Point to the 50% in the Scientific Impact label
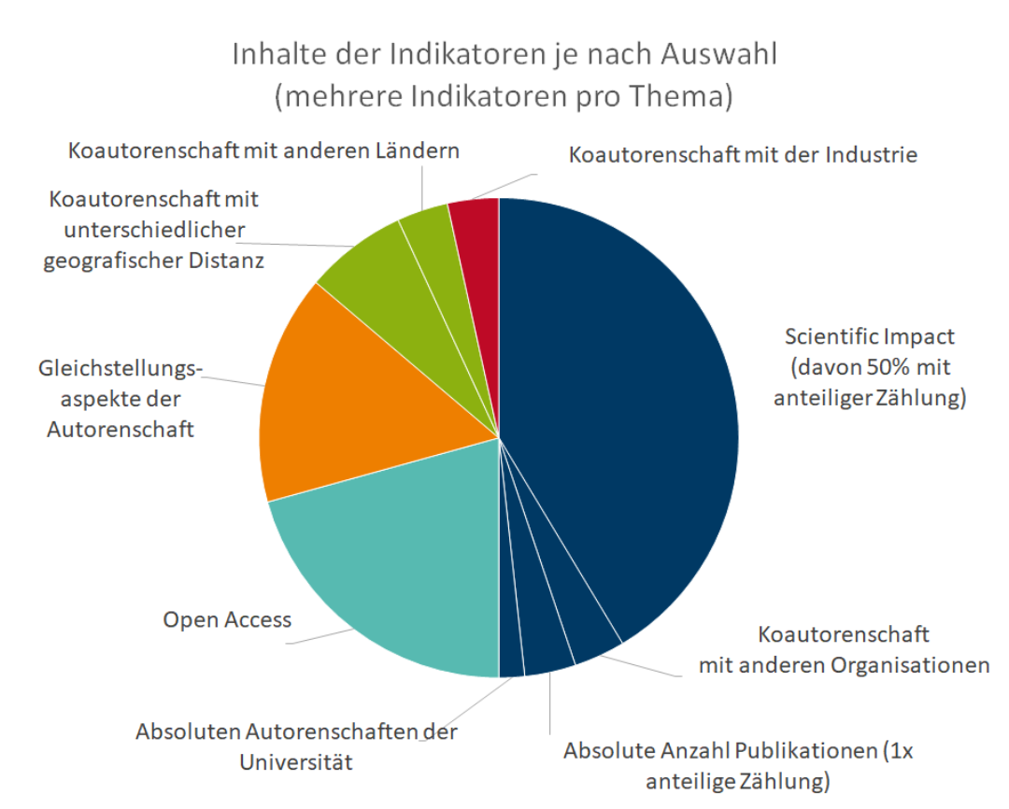(x=885, y=366)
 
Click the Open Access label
(x=227, y=619)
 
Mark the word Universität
(x=296, y=761)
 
